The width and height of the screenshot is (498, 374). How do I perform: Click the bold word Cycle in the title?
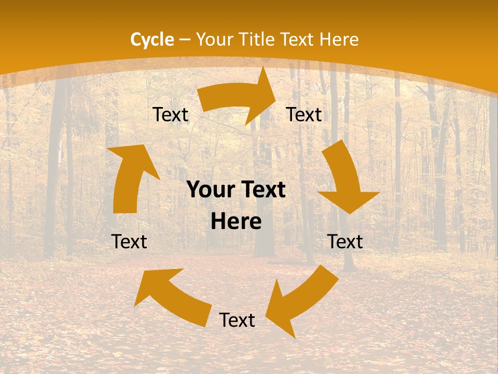click(x=152, y=39)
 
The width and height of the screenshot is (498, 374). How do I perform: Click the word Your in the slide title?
click(x=214, y=39)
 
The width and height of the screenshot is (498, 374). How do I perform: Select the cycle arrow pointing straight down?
click(x=345, y=177)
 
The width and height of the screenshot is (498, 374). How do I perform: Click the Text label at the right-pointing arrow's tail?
click(x=170, y=115)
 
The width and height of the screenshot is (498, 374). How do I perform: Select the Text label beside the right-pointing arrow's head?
click(x=304, y=115)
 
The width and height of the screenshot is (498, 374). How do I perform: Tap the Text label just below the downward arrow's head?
click(x=345, y=242)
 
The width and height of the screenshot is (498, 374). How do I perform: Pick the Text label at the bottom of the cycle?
click(x=237, y=320)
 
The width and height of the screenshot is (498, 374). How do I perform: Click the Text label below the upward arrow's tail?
click(x=129, y=242)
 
